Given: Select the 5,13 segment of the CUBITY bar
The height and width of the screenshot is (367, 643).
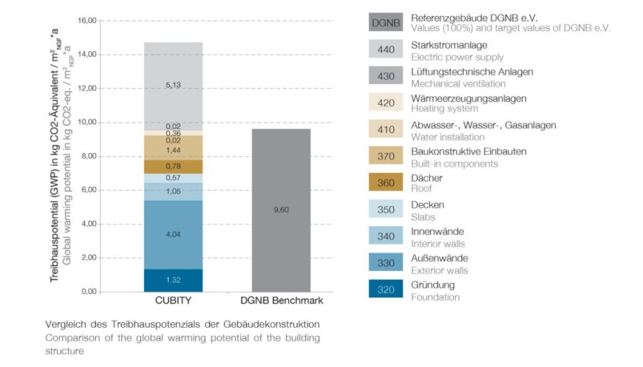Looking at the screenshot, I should pos(173,85).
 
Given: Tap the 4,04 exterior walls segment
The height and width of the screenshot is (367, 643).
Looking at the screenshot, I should pos(173,235).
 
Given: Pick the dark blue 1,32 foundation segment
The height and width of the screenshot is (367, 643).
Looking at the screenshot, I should pos(173,280).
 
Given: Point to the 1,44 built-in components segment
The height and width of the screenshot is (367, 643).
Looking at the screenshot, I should pos(173,150).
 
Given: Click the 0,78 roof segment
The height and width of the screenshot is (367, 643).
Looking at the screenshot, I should pos(173,166).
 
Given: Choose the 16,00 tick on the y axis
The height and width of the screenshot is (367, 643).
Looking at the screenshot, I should pos(87,21).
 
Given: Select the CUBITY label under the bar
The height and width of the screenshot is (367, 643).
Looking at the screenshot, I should pos(173,301).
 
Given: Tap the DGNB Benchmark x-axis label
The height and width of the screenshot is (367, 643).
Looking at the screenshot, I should pos(281,301).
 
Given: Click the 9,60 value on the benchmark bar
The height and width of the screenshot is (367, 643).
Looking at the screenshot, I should pos(280,210).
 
